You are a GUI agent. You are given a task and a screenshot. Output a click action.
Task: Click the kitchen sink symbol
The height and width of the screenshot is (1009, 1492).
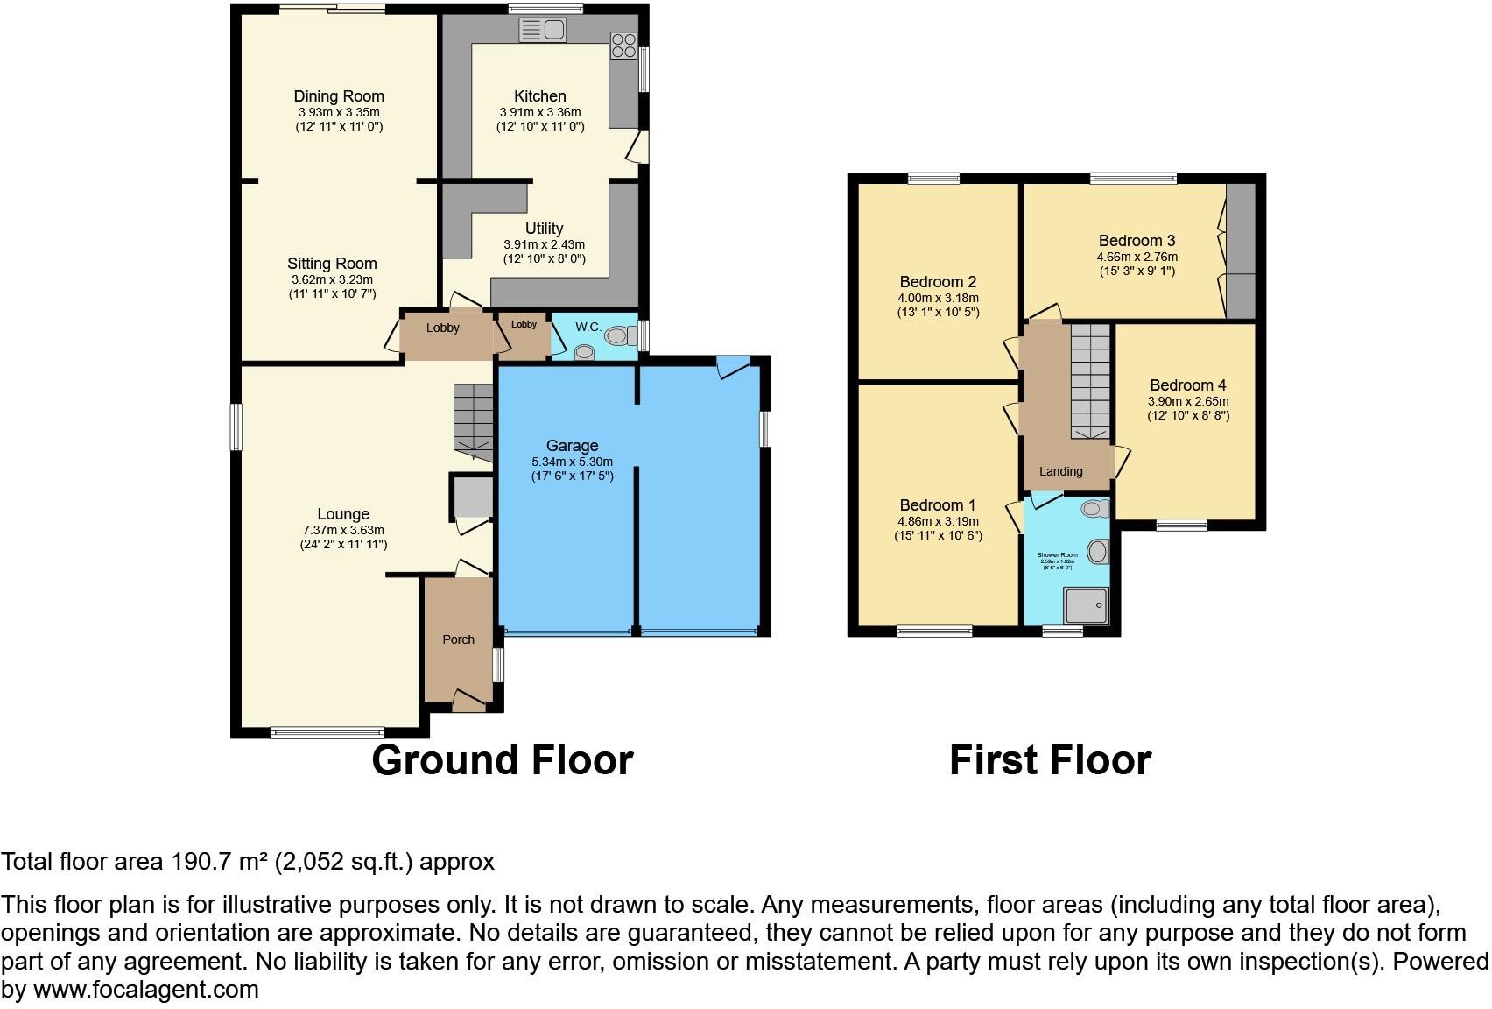[x=543, y=30]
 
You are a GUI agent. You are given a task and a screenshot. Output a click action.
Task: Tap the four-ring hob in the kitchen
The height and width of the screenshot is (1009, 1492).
[x=623, y=45]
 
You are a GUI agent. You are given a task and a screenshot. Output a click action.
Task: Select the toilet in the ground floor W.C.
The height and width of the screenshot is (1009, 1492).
[x=619, y=335]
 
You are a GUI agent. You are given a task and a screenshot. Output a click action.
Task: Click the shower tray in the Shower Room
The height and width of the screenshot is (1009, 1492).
[x=1086, y=605]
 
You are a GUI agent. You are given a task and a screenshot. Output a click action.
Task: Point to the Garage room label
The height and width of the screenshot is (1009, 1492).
[x=572, y=446]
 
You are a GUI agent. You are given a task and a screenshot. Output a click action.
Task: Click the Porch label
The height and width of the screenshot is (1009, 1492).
[x=458, y=639]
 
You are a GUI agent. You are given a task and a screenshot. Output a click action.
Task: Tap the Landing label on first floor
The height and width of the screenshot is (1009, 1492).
[x=1060, y=471]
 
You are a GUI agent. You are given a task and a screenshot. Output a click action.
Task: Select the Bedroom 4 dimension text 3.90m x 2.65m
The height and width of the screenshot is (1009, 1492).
[x=1188, y=401]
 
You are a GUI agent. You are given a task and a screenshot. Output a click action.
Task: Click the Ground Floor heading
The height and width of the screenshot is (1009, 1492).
[x=502, y=760]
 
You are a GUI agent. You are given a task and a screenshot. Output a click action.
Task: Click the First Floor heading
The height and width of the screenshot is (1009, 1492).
[x=1050, y=760]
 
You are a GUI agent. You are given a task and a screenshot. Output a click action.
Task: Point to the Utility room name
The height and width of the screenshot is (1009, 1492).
[x=544, y=229]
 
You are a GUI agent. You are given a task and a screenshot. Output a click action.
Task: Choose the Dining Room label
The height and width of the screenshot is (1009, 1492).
[x=339, y=96]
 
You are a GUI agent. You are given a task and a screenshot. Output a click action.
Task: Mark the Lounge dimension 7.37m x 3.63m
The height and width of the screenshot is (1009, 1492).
[x=343, y=530]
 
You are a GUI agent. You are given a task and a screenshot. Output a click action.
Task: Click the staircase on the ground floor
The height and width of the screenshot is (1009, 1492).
[x=473, y=420]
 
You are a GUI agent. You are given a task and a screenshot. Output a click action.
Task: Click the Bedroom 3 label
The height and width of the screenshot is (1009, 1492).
[x=1137, y=241]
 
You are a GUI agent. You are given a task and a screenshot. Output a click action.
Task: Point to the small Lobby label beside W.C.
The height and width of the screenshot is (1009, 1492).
[x=524, y=325]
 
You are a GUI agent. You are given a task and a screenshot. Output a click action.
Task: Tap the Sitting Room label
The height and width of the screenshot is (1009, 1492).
[x=332, y=264]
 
